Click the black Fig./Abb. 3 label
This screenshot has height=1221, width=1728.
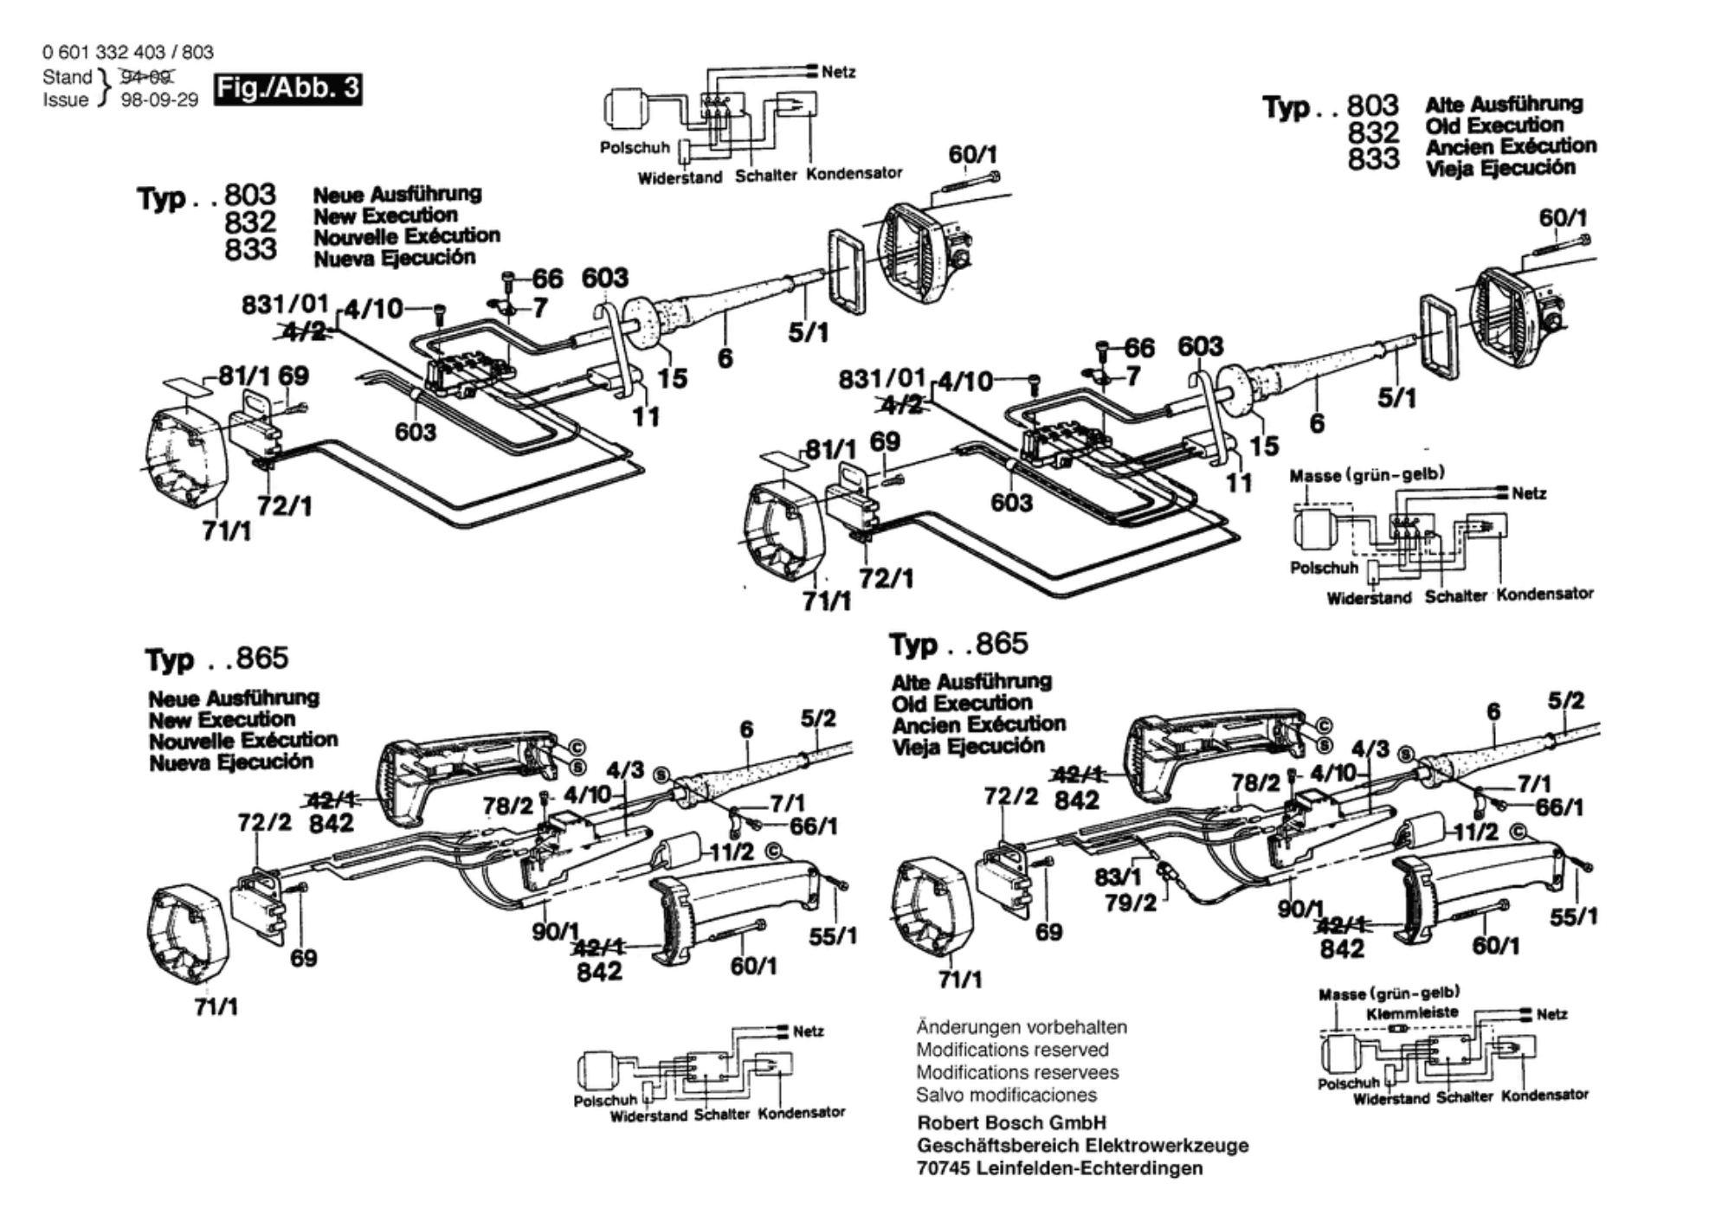[x=288, y=89]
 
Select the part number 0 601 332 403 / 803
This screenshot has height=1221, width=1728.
[x=128, y=52]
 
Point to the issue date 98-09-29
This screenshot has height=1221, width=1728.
[x=159, y=100]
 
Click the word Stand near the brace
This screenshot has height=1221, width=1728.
[x=67, y=77]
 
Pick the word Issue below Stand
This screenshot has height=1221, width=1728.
[x=66, y=100]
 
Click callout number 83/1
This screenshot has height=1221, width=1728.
[x=1118, y=877]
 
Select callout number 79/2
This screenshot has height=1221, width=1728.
[x=1131, y=903]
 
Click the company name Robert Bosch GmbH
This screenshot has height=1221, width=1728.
[x=1011, y=1122]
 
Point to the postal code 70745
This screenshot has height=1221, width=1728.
[x=943, y=1168]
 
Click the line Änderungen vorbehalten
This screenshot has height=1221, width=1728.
[x=1022, y=1027]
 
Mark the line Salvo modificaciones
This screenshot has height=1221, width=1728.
[x=1007, y=1095]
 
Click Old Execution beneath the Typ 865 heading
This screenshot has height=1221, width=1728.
[x=962, y=703]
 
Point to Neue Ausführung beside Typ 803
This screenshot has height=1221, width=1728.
[x=397, y=194]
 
